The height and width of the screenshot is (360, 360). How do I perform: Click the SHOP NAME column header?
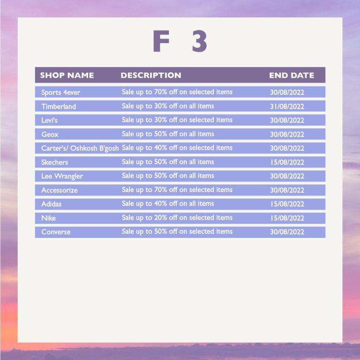click(67, 75)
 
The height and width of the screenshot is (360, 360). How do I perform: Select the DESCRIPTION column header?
click(151, 75)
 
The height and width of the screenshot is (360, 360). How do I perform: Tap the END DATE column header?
click(292, 75)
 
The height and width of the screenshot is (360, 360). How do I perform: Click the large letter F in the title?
click(161, 41)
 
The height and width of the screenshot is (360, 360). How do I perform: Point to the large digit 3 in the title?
click(200, 41)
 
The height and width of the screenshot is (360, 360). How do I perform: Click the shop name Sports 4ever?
click(60, 92)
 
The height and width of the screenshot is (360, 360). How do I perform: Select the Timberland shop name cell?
click(59, 107)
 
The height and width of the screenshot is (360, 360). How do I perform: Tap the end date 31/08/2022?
click(287, 107)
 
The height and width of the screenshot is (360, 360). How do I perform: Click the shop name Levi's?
click(49, 120)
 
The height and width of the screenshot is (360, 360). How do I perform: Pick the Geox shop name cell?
click(50, 134)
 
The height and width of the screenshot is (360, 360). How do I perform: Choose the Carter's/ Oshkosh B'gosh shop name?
click(80, 148)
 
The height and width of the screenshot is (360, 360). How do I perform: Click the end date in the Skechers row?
click(287, 162)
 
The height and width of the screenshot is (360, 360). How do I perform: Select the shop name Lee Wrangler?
click(62, 176)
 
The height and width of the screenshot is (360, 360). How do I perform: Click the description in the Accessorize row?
click(177, 190)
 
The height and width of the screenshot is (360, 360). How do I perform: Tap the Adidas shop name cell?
click(52, 204)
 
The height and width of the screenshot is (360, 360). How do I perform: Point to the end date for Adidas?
click(287, 204)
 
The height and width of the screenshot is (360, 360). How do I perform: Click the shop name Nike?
click(48, 218)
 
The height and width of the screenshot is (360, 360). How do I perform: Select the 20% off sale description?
click(177, 217)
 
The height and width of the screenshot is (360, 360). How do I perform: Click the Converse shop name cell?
click(56, 232)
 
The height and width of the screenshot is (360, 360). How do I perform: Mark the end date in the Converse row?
click(287, 232)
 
